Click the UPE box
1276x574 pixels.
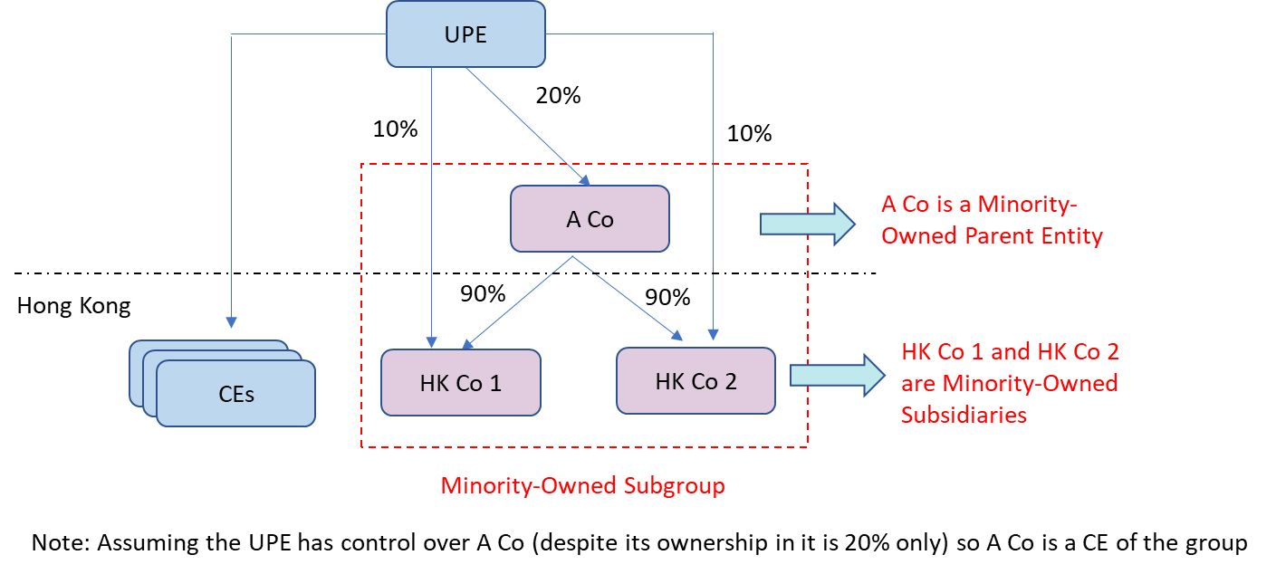pyautogui.click(x=465, y=34)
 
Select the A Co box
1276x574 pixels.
pyautogui.click(x=590, y=219)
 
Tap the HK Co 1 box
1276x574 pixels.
pyautogui.click(x=460, y=383)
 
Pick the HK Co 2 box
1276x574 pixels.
pyautogui.click(x=696, y=381)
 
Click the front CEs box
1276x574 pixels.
pyautogui.click(x=235, y=394)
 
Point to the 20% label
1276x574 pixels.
pyautogui.click(x=558, y=95)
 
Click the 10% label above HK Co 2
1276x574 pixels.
pyautogui.click(x=749, y=134)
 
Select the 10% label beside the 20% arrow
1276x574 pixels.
pyautogui.click(x=395, y=129)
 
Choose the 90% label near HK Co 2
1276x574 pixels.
pyautogui.click(x=667, y=298)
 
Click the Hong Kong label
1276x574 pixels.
pyautogui.click(x=73, y=306)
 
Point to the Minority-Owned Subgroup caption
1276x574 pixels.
pyautogui.click(x=582, y=485)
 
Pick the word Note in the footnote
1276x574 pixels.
pyautogui.click(x=58, y=543)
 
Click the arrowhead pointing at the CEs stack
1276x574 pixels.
pyautogui.click(x=232, y=321)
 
